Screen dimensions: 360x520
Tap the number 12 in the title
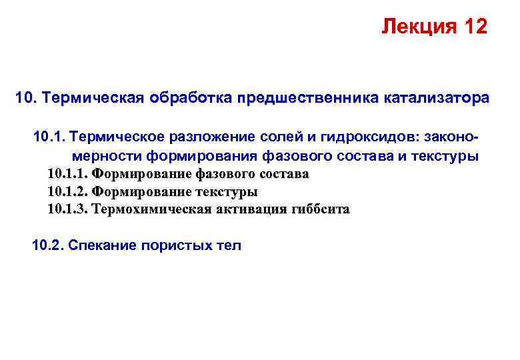click(472, 27)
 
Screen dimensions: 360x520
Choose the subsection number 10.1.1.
click(67, 174)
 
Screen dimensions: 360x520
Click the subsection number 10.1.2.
click(67, 191)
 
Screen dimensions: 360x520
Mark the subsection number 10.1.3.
click(67, 209)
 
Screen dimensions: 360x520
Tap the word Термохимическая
click(151, 209)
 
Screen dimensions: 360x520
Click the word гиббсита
click(321, 209)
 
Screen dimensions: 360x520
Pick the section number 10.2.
click(48, 245)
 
